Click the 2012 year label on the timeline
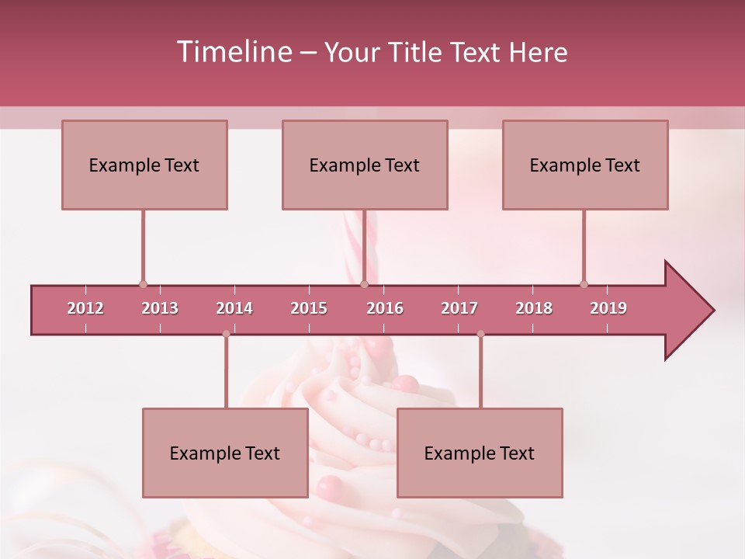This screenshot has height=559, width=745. click(85, 308)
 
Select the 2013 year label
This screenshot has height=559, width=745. click(160, 308)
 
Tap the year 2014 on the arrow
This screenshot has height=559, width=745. click(234, 308)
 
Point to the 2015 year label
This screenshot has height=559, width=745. click(309, 308)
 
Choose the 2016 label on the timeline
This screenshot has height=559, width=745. click(385, 308)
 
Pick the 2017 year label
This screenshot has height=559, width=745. click(459, 308)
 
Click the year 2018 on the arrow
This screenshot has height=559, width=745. click(534, 308)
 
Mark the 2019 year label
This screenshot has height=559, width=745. click(608, 308)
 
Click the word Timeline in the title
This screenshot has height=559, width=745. click(233, 52)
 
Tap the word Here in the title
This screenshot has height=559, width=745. click(538, 52)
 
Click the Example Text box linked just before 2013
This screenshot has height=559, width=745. click(144, 165)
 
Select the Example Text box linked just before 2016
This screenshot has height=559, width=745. click(365, 165)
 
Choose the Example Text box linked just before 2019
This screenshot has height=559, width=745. click(585, 165)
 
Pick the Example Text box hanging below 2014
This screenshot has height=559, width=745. click(225, 453)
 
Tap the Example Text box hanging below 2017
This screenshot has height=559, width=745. click(480, 453)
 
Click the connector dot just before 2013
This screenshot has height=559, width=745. click(143, 284)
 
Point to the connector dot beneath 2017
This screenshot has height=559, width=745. click(480, 334)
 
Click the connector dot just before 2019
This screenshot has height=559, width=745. click(584, 284)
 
